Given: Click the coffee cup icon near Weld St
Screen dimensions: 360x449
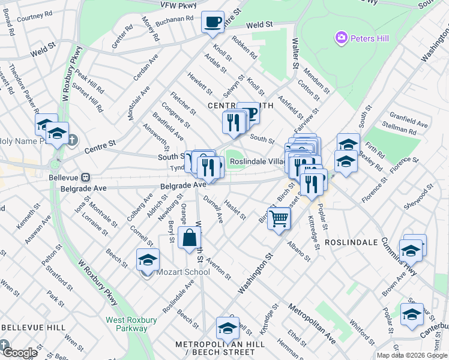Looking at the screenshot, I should (x=212, y=22).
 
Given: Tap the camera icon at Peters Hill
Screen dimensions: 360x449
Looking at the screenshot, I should (x=341, y=38).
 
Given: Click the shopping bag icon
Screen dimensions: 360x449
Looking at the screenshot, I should (x=190, y=238).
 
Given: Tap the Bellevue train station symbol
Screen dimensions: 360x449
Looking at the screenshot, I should (x=86, y=178).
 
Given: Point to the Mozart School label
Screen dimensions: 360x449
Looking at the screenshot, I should (x=183, y=272).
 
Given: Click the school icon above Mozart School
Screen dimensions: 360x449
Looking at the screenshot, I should (x=148, y=260).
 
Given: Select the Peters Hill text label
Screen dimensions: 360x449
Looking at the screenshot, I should (x=370, y=38).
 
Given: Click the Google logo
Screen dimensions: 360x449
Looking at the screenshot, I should (x=19, y=353).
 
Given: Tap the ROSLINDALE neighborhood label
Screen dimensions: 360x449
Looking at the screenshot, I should (x=351, y=242).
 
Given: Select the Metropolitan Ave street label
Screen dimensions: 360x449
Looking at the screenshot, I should (x=312, y=324).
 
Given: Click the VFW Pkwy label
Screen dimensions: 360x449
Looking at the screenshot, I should (x=179, y=5).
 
